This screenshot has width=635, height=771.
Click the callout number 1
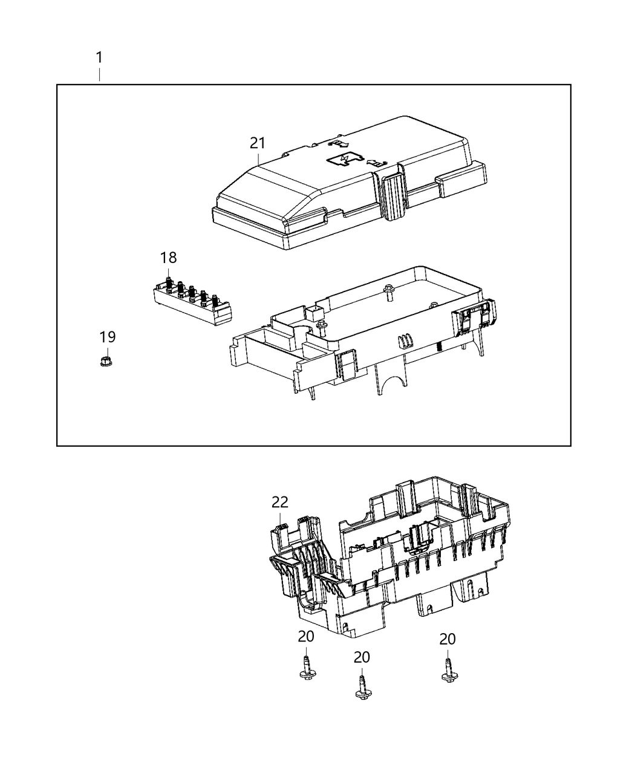click(99, 58)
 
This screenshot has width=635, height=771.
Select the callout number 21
click(258, 143)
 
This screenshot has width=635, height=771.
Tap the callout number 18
click(168, 258)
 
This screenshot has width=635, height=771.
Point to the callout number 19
click(108, 337)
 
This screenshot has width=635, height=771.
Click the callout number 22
click(280, 502)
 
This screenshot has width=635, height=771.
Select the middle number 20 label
click(361, 657)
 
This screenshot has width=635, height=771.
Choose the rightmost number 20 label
click(448, 639)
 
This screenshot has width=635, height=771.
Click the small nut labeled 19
click(107, 362)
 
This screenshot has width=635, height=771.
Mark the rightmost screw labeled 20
click(448, 672)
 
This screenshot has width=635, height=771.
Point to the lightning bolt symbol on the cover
click(344, 158)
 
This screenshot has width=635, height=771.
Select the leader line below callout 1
click(99, 75)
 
